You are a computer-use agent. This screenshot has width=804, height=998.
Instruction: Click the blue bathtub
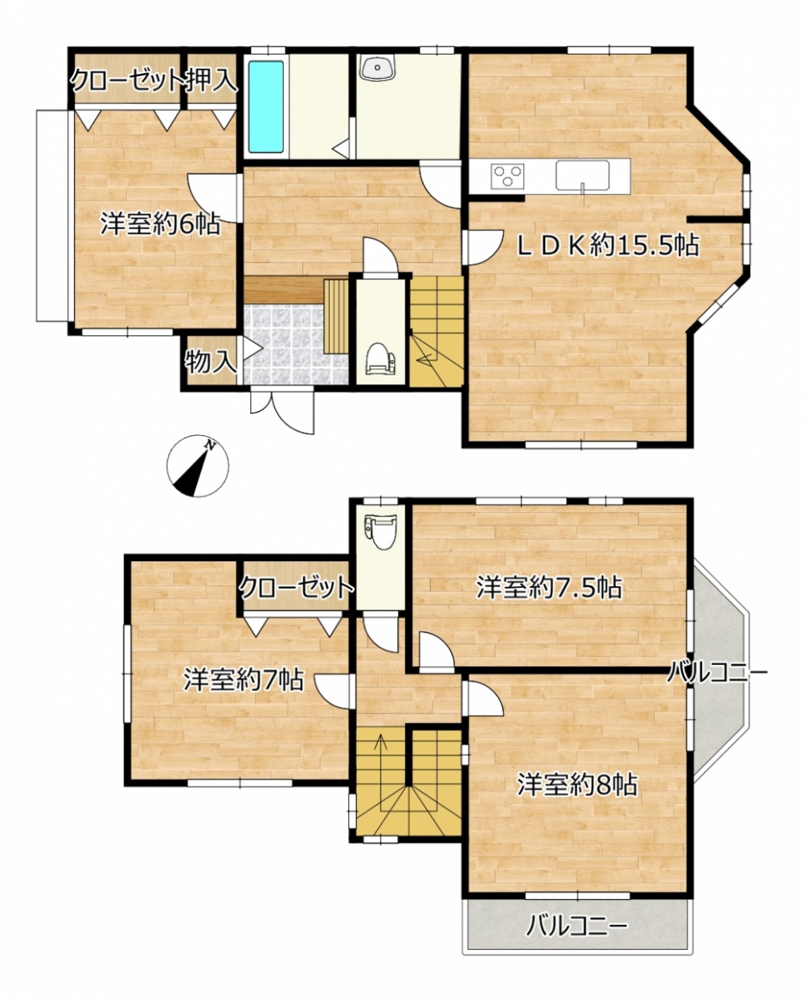(x=265, y=107)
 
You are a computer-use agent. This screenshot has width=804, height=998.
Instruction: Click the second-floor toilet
(x=380, y=532)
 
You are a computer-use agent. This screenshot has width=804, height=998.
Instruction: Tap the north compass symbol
(x=198, y=466)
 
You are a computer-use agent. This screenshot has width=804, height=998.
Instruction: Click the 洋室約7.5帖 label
(x=549, y=588)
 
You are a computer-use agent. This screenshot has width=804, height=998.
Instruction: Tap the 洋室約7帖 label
(x=244, y=680)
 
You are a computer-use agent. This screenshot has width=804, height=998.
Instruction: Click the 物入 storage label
(x=211, y=362)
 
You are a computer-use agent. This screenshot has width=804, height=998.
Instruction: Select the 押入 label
(x=213, y=81)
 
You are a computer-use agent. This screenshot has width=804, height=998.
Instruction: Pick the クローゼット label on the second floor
(x=297, y=588)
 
